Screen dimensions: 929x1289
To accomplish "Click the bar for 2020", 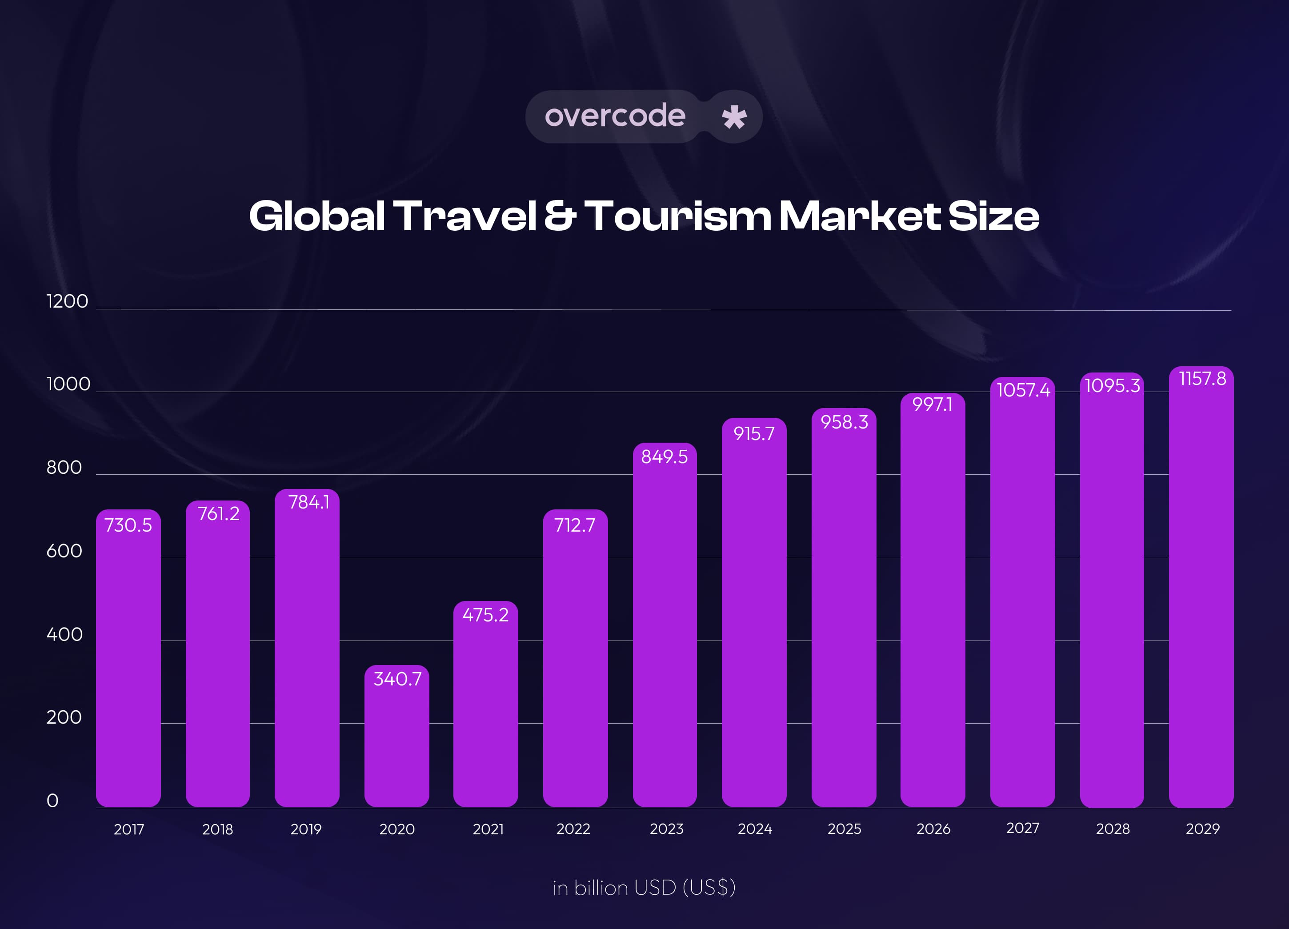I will tap(397, 739).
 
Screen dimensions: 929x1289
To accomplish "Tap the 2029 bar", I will tap(1201, 591).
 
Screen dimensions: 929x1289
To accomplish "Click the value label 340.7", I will tap(397, 679).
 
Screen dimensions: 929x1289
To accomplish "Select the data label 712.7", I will tap(575, 525).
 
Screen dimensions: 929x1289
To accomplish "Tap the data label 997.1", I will tap(932, 404).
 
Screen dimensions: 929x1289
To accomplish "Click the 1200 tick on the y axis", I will tap(67, 301).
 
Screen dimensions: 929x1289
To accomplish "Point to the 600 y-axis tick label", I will tap(64, 551).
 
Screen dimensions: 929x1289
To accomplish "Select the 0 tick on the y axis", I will tap(52, 801).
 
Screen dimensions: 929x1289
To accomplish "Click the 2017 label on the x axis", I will tap(129, 829).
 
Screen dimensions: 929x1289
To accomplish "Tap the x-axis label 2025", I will tap(844, 829).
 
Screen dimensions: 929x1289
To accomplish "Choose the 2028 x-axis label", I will tap(1112, 829).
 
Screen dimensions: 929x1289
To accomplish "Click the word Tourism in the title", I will tap(677, 216).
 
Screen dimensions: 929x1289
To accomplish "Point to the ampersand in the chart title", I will tap(560, 216).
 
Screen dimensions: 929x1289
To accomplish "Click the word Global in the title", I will tap(317, 216).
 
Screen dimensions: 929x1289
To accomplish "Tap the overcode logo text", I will tap(615, 116).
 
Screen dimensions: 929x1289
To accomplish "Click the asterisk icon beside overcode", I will tap(734, 117).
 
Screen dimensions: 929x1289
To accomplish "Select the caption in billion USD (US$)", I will tap(644, 888).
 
